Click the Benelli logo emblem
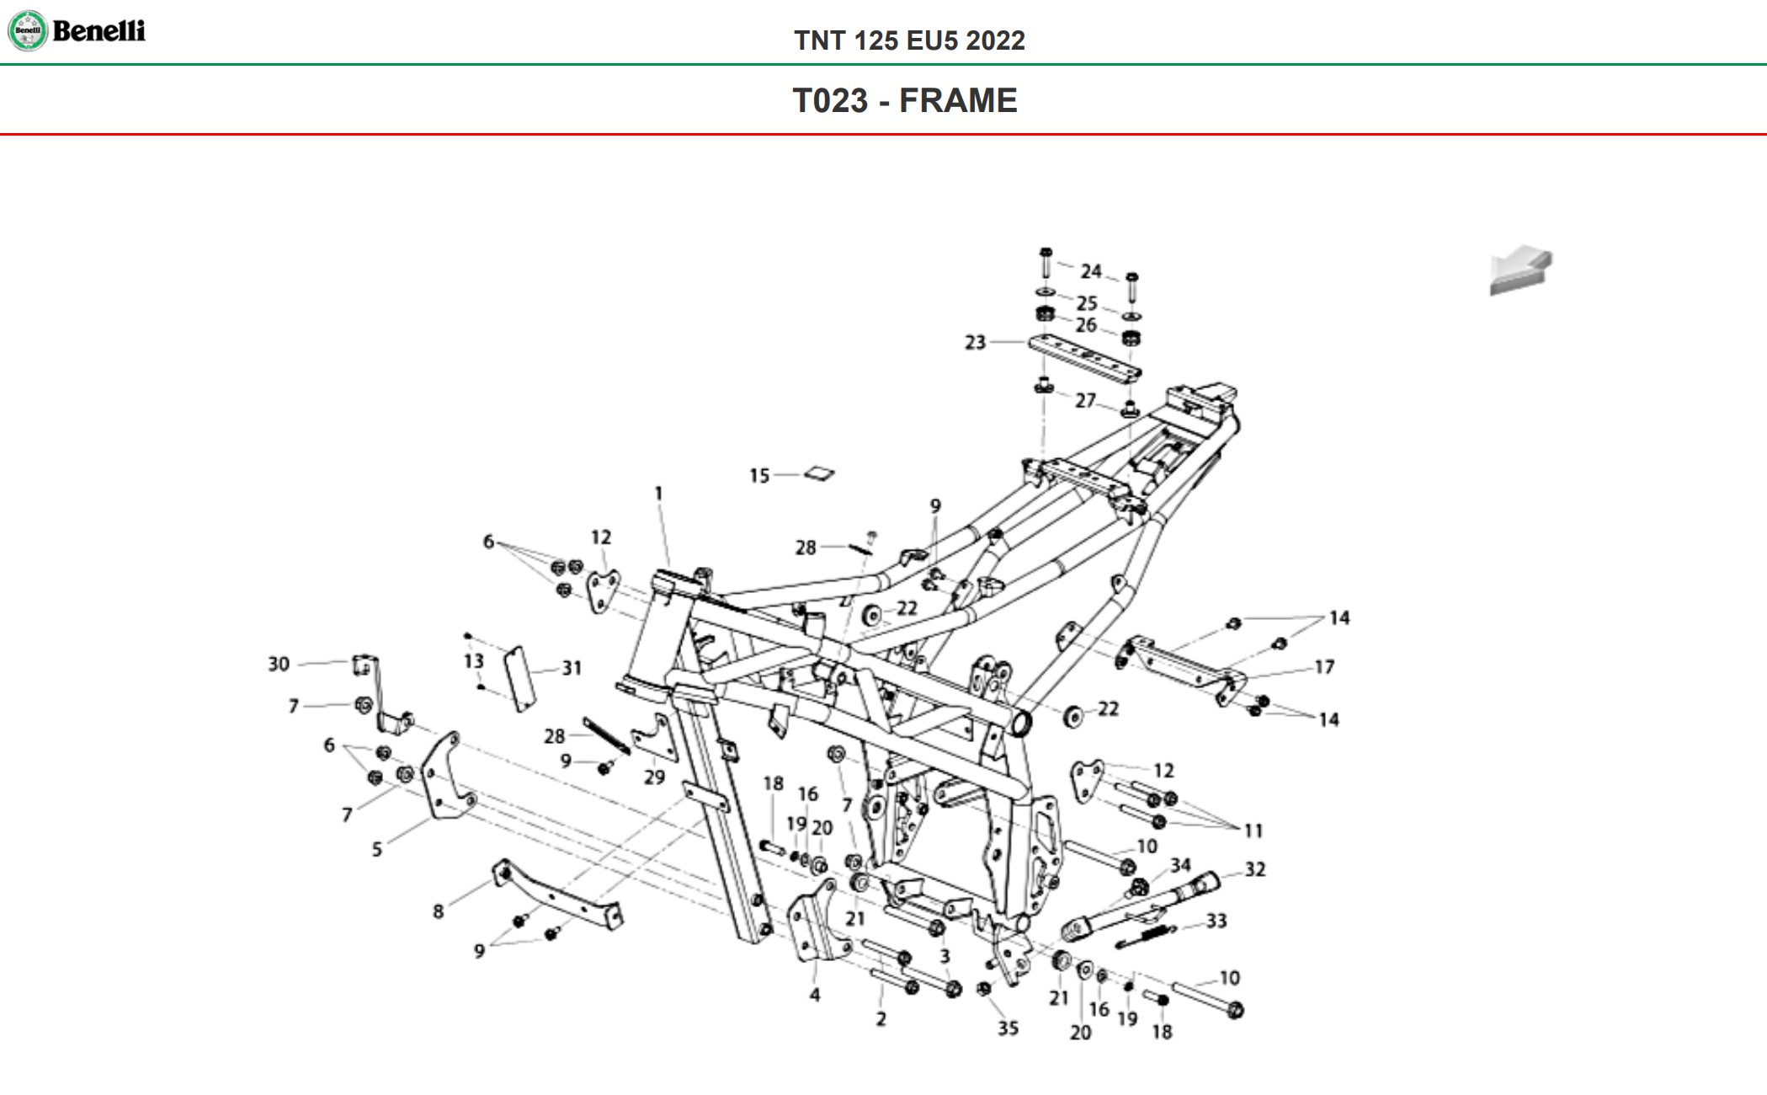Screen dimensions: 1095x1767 tap(28, 31)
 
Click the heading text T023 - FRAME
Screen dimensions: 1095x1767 tap(905, 101)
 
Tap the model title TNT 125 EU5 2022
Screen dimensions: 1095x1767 tap(909, 40)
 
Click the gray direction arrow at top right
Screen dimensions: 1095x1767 tap(1520, 270)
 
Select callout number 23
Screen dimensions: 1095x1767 tap(975, 343)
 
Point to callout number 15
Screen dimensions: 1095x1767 tap(759, 476)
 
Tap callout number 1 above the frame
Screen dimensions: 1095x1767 tap(658, 494)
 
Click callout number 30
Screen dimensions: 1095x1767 tap(279, 665)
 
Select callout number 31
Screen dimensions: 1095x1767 tap(572, 669)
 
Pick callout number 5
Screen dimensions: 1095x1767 tap(377, 849)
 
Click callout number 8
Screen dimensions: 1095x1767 tap(438, 911)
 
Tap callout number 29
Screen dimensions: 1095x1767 tap(654, 777)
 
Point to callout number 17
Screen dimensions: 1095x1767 tap(1324, 667)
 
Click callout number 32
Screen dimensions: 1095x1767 tap(1254, 869)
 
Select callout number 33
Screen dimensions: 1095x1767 tap(1216, 921)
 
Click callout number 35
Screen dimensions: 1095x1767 tap(1008, 1028)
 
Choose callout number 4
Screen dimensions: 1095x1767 tap(814, 995)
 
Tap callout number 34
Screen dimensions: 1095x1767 tap(1180, 865)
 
